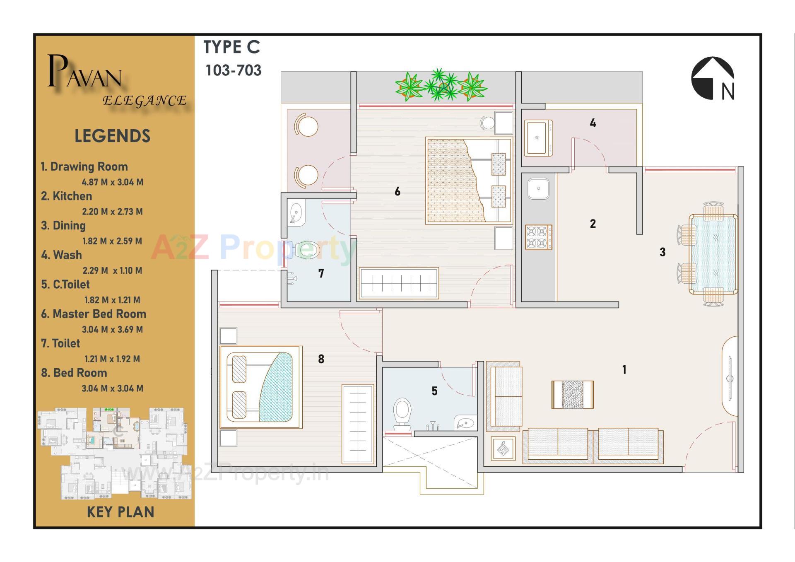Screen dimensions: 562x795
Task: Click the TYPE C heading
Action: (x=231, y=47)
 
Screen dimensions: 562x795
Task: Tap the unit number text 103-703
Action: (x=233, y=70)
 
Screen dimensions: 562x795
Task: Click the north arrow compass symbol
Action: (x=713, y=79)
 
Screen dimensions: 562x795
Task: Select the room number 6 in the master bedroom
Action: (x=397, y=191)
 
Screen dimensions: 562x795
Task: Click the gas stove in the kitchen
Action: (x=538, y=237)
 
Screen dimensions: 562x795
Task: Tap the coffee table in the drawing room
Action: (x=572, y=394)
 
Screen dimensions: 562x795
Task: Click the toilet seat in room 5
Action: (x=402, y=412)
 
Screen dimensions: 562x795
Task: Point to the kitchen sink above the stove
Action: (x=538, y=189)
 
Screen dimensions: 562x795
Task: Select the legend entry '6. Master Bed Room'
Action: (x=94, y=314)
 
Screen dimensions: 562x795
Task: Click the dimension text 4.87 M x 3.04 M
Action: (x=112, y=182)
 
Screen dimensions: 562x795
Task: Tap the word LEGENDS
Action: (x=112, y=136)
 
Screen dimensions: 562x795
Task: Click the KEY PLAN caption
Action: (x=120, y=512)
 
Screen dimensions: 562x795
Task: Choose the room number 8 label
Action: (x=321, y=359)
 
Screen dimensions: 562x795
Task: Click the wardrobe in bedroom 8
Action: (x=358, y=424)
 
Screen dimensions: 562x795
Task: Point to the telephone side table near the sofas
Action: (x=503, y=448)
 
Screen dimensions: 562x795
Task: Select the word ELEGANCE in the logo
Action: (x=145, y=101)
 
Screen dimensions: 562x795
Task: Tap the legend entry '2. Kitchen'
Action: (x=66, y=196)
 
